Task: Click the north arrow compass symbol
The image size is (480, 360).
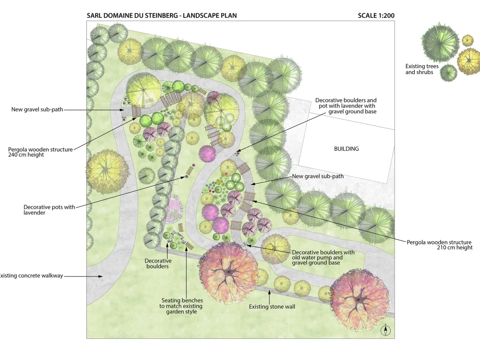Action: tap(386, 330)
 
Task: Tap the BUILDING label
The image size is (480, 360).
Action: tap(346, 149)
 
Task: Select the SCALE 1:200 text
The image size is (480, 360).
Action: tap(376, 16)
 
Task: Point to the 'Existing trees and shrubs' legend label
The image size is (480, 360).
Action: tap(421, 69)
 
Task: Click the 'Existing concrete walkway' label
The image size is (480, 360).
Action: tap(31, 276)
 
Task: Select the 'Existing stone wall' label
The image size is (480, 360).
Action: tap(272, 306)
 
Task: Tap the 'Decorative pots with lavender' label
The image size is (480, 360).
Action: tap(49, 210)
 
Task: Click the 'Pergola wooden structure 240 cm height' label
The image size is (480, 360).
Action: tap(40, 152)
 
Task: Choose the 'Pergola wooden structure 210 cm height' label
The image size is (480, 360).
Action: tap(439, 245)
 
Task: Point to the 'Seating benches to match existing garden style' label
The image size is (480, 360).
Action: tap(181, 306)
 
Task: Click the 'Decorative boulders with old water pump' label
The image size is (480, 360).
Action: tap(323, 257)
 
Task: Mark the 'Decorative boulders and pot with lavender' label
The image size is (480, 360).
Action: tap(346, 106)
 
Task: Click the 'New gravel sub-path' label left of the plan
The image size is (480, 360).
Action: tap(37, 109)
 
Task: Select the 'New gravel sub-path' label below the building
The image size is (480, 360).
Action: tap(317, 176)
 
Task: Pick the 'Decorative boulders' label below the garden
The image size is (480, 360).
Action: tap(157, 264)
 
